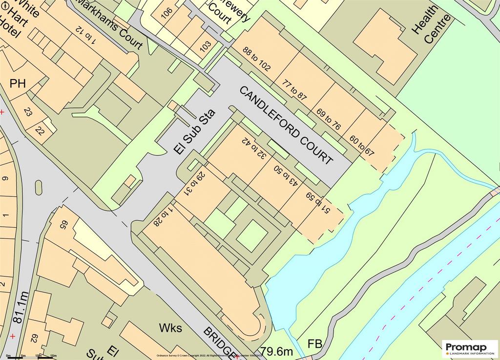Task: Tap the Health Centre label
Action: [424, 25]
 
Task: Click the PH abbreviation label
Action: [18, 84]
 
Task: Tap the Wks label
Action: [170, 327]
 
